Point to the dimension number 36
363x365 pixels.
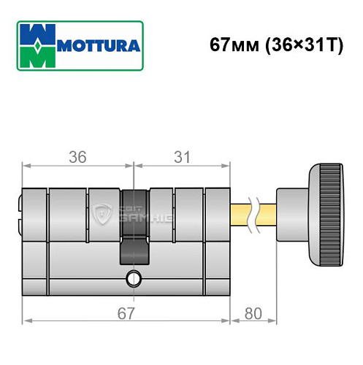[78, 155]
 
